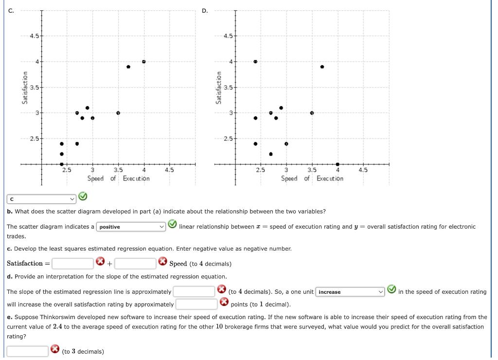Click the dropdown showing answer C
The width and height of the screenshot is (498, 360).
pos(41,199)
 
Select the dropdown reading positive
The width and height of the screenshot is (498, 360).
pos(132,227)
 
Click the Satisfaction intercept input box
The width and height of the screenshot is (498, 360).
pos(73,264)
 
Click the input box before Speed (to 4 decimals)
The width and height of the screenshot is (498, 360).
pos(135,264)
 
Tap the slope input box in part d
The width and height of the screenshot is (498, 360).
pos(194,292)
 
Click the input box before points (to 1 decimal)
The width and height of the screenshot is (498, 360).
pos(196,305)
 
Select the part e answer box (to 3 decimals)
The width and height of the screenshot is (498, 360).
pos(27,351)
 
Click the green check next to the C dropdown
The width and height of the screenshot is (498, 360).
pos(83,197)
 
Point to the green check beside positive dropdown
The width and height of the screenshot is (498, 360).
pos(173,224)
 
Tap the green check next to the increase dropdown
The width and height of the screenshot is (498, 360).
pos(391,291)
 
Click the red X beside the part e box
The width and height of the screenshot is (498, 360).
pos(55,350)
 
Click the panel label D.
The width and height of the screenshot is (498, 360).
pos(204,10)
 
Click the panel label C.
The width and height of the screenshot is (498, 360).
pos(10,10)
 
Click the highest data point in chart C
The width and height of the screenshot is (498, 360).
pos(144,61)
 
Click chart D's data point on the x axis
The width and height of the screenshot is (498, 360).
pos(338,164)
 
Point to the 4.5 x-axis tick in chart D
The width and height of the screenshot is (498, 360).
pos(363,170)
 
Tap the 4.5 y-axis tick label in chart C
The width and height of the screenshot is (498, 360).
pos(34,36)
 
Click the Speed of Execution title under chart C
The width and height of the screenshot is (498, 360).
pos(119,179)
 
